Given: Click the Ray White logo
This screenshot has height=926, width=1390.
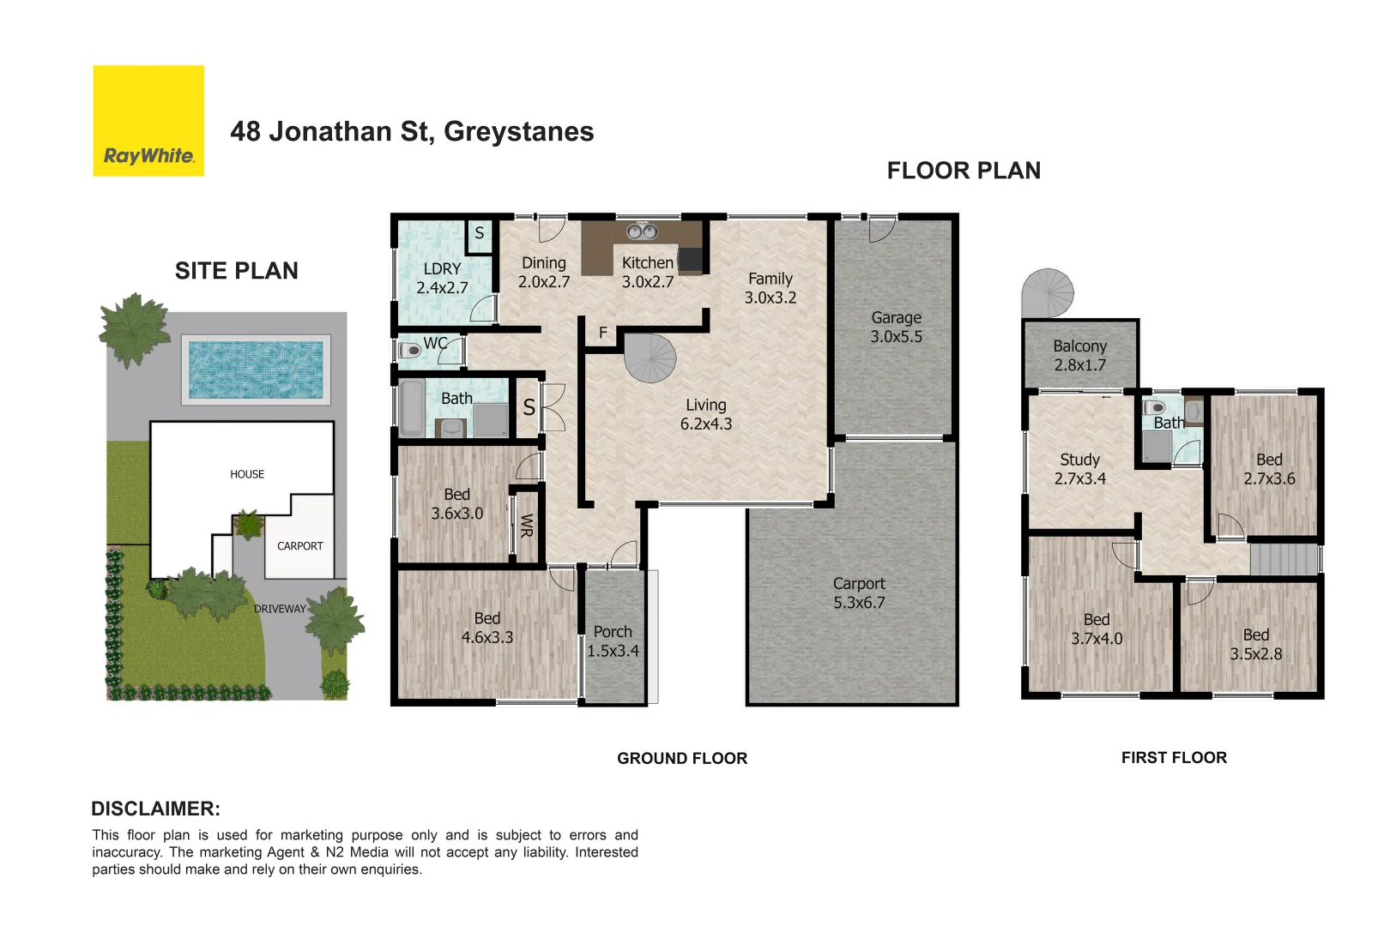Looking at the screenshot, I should click(148, 121).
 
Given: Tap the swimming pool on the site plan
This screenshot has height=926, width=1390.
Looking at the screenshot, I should click(256, 370).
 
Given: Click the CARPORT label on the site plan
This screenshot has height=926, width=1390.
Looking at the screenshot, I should click(299, 545).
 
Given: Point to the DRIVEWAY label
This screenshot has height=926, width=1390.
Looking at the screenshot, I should click(280, 609).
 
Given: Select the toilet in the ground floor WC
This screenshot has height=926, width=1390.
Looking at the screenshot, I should click(409, 350).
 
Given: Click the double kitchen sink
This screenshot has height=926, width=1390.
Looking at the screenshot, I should click(642, 231).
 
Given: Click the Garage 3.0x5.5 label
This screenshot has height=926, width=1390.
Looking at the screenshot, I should click(896, 328).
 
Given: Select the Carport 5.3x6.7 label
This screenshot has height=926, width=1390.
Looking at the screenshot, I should click(858, 592).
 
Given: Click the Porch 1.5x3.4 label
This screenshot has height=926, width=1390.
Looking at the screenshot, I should click(613, 641).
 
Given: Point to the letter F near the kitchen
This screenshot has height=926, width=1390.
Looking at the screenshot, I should click(603, 333).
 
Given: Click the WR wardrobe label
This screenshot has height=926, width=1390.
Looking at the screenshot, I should click(527, 525).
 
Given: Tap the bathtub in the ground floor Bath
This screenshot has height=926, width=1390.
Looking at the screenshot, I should click(412, 409).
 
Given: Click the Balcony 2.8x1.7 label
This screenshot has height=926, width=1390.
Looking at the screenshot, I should click(1079, 355).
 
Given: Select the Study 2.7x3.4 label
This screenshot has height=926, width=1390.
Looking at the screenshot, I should click(1079, 469).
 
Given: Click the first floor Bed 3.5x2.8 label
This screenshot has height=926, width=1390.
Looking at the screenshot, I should click(1255, 644).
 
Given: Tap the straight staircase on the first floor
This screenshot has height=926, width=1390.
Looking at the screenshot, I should click(1284, 560).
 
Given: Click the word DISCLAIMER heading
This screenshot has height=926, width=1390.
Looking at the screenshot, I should click(155, 809).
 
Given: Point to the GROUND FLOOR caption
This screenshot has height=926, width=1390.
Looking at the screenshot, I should click(682, 758).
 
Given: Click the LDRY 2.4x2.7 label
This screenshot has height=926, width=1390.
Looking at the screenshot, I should click(442, 278).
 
